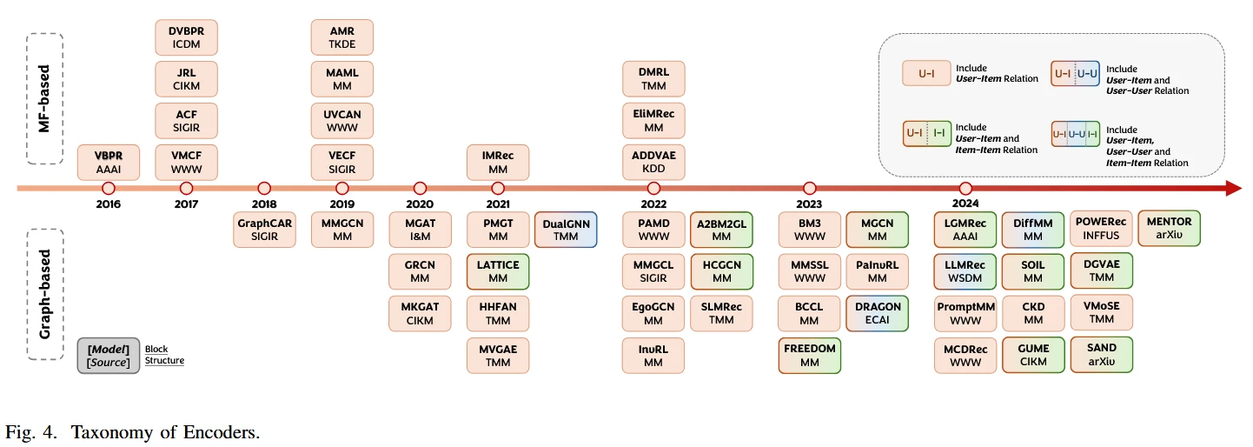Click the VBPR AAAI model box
click(x=109, y=163)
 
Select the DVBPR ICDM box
click(x=186, y=37)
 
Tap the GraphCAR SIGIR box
click(x=264, y=230)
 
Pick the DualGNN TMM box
click(x=566, y=230)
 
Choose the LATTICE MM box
click(x=498, y=271)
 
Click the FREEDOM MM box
click(x=809, y=355)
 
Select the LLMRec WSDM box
click(x=965, y=271)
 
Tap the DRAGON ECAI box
click(x=878, y=313)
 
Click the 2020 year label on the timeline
click(x=420, y=204)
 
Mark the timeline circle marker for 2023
click(x=810, y=188)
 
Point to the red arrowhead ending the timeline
click(x=1233, y=188)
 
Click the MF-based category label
click(x=46, y=98)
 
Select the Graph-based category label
click(x=46, y=294)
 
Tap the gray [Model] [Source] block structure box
click(x=109, y=355)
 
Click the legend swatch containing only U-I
click(x=926, y=74)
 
